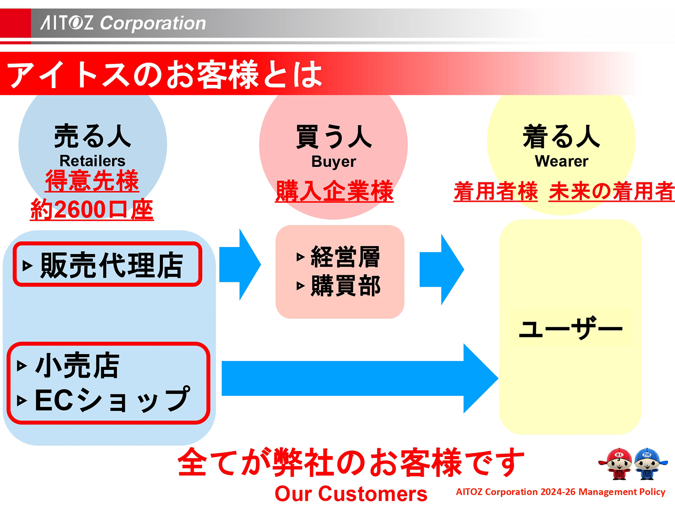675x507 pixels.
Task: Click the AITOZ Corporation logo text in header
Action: click(123, 23)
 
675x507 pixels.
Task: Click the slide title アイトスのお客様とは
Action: click(165, 74)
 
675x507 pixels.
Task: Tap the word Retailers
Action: click(92, 161)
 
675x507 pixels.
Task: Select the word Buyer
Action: click(333, 162)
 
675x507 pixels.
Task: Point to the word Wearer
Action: click(561, 161)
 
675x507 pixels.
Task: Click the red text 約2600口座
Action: click(92, 210)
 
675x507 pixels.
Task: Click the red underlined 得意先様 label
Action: click(92, 181)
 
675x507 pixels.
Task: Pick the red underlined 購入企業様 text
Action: click(334, 191)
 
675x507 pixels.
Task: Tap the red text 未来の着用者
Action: click(611, 191)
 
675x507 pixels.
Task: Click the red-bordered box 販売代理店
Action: click(108, 265)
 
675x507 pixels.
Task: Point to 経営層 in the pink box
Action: click(345, 257)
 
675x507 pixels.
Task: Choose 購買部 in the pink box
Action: click(345, 286)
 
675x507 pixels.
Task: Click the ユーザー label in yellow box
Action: click(570, 329)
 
